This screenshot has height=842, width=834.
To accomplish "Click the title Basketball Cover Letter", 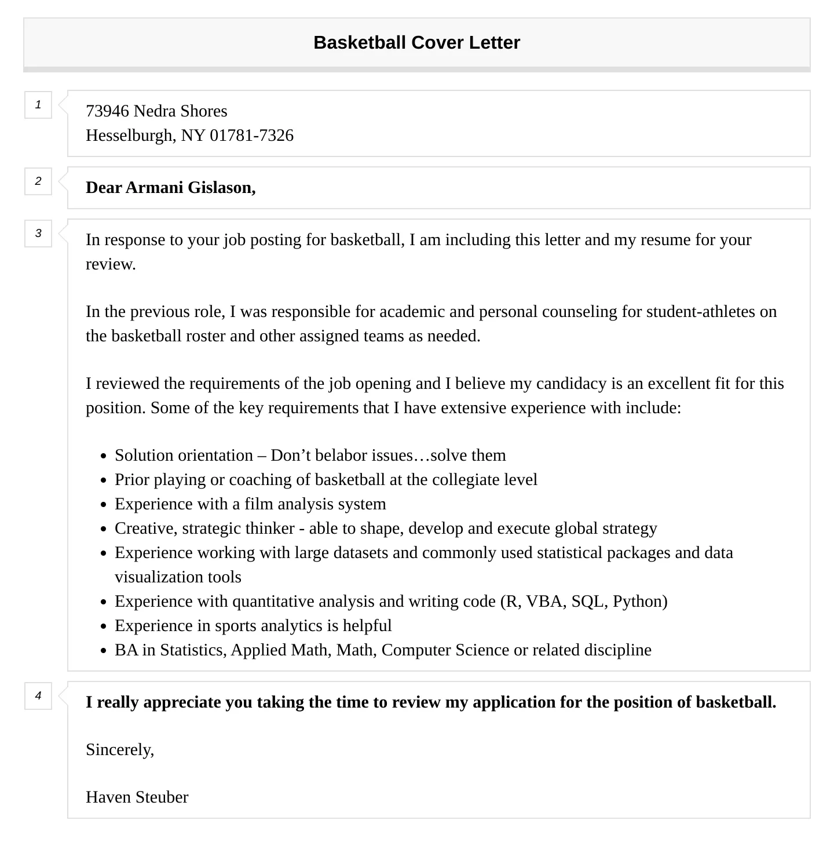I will pyautogui.click(x=416, y=42).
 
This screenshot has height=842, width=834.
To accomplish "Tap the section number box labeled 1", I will pyautogui.click(x=38, y=105).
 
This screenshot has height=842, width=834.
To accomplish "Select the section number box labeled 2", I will pyautogui.click(x=38, y=181).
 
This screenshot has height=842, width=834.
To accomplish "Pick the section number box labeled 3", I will pyautogui.click(x=38, y=234).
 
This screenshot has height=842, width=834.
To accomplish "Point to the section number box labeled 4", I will pyautogui.click(x=38, y=696).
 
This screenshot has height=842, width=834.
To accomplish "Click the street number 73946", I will pyautogui.click(x=107, y=111).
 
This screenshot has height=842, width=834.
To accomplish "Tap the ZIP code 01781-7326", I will pyautogui.click(x=251, y=135).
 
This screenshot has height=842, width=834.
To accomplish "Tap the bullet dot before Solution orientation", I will pyautogui.click(x=103, y=456).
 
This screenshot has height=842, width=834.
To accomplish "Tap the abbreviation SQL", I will pyautogui.click(x=588, y=601).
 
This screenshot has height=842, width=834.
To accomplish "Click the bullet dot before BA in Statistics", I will pyautogui.click(x=103, y=651).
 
